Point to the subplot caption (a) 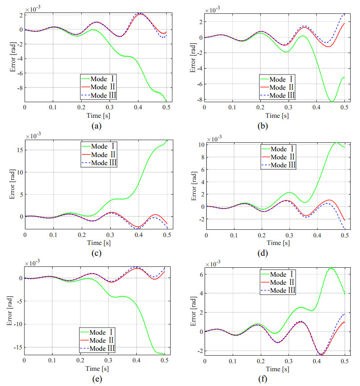95,126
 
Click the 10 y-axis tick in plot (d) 197,145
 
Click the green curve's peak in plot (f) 331,268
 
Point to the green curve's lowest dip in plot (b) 331,102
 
